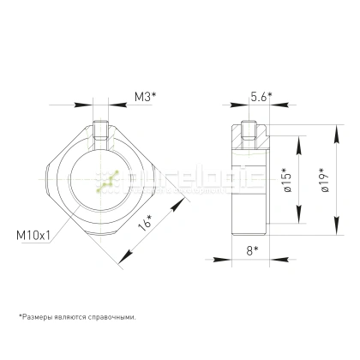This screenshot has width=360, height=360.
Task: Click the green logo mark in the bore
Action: click(x=106, y=183)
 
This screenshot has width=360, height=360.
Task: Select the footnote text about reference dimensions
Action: click(x=75, y=316)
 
